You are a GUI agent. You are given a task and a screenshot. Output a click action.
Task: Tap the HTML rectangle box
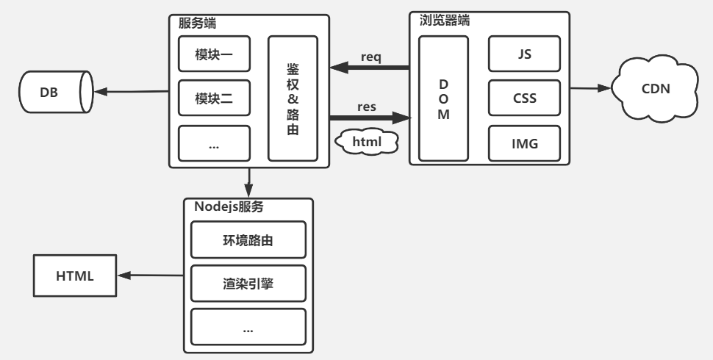tap(74, 276)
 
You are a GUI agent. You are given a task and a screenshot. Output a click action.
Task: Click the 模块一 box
tap(214, 54)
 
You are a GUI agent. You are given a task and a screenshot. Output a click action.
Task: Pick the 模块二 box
tap(214, 99)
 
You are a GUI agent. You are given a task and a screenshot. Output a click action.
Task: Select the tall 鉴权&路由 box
tap(293, 98)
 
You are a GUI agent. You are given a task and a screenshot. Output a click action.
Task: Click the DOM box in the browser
tap(443, 98)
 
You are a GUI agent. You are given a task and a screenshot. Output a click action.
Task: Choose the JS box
tap(525, 54)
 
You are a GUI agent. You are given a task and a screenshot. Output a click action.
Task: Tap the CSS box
tap(525, 98)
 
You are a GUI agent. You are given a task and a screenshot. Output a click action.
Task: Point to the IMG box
tap(525, 143)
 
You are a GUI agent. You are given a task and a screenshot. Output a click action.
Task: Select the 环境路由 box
tap(248, 240)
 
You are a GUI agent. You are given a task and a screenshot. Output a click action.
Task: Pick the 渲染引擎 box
tap(248, 284)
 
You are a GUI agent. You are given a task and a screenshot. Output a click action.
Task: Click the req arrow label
tap(371, 57)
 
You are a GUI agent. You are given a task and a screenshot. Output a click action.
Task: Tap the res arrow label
tap(367, 107)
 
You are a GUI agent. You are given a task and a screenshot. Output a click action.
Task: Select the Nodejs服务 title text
tap(229, 206)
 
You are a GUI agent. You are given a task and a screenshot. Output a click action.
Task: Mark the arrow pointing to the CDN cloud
tap(592, 88)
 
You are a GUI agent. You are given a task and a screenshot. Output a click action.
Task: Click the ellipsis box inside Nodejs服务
tap(248, 328)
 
